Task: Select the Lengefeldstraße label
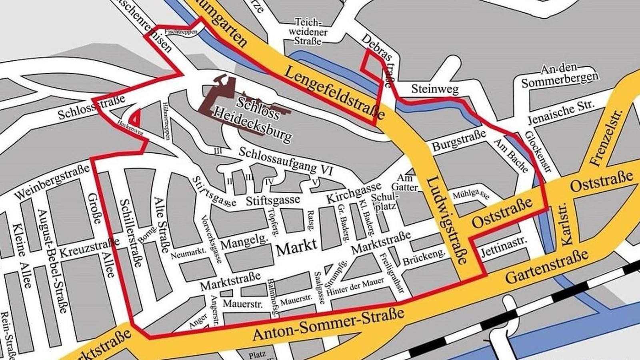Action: click(335, 93)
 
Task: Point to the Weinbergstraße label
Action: click(52, 182)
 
